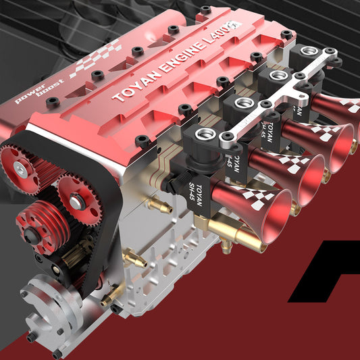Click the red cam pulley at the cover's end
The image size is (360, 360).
(x=22, y=164)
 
